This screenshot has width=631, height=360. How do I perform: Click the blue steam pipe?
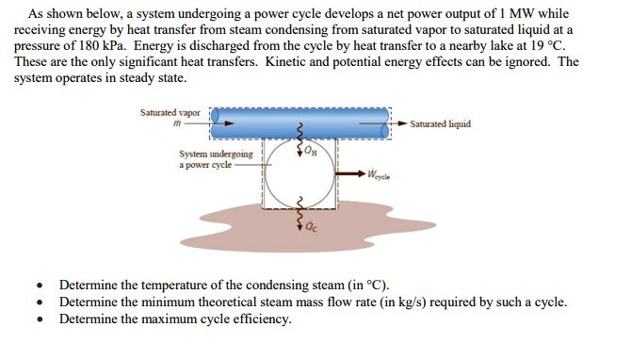click(301, 120)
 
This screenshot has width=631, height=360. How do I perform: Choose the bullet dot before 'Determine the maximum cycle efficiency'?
click(38, 319)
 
